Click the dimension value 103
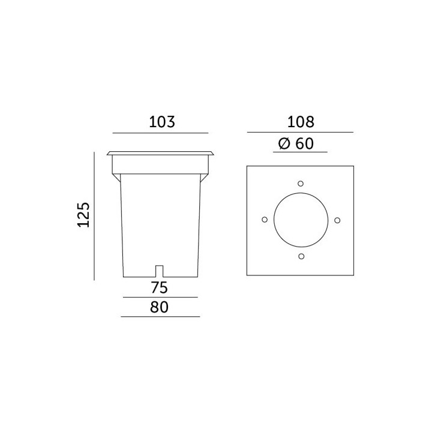click(162, 122)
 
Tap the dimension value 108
click(301, 122)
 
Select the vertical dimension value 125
click(83, 215)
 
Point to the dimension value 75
click(159, 287)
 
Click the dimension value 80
click(159, 307)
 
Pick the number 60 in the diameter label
click(304, 143)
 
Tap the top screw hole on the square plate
click(301, 184)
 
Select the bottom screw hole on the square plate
click(301, 257)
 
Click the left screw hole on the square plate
click(265, 220)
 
